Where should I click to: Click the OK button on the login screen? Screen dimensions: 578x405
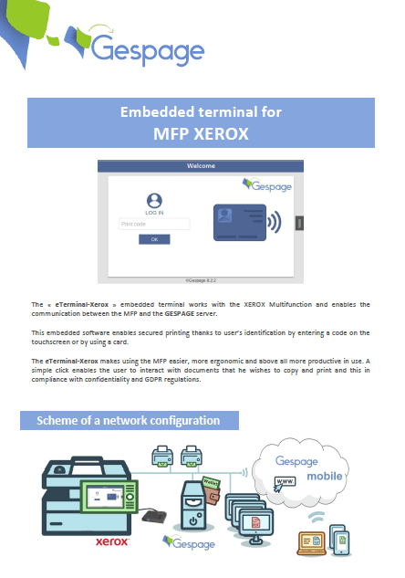pos(154,239)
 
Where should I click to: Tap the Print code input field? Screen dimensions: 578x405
pos(154,224)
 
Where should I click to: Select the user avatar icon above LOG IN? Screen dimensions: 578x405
pos(154,201)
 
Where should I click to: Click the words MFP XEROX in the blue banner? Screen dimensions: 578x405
pos(202,132)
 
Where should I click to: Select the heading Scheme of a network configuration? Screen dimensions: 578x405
pos(129,421)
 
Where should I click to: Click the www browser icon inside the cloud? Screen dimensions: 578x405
pos(285,481)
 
